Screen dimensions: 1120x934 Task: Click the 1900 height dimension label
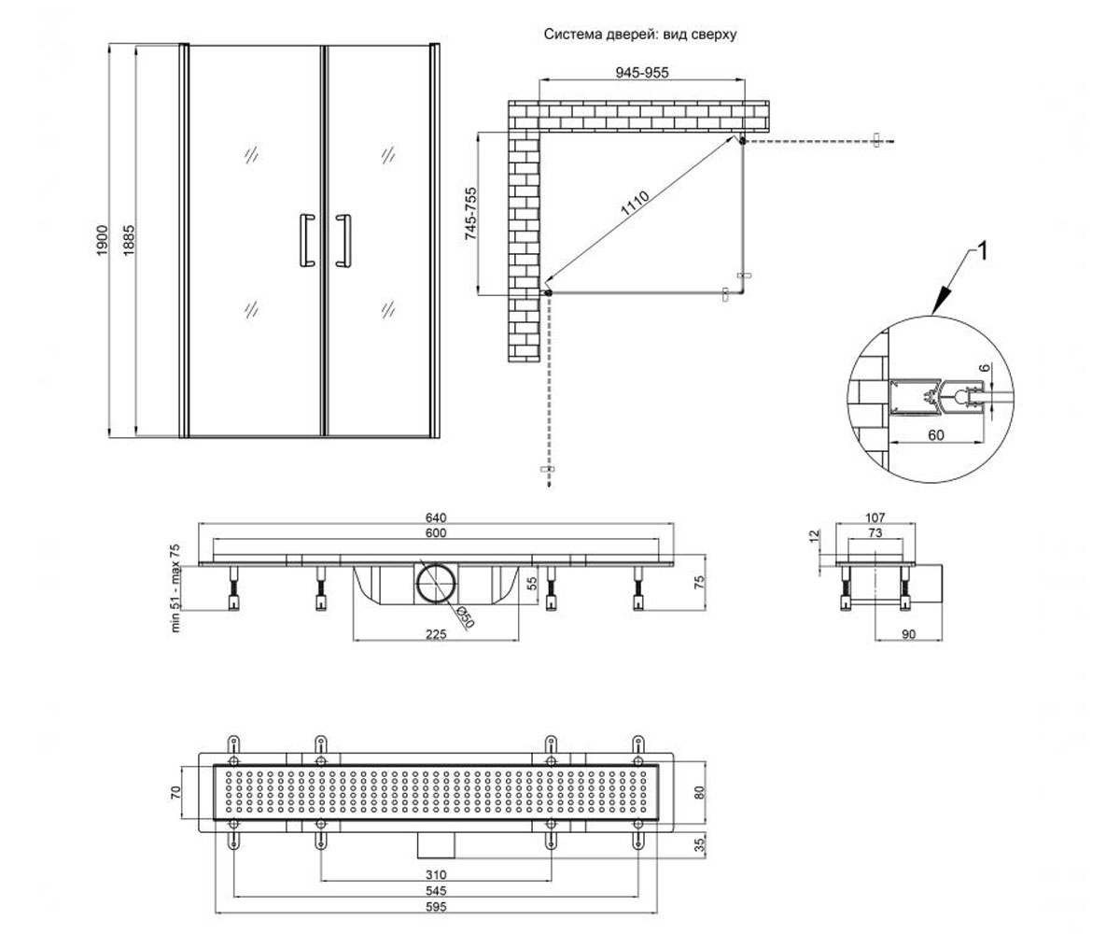102,240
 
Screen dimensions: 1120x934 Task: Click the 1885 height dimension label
129,240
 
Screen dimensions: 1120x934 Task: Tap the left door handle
307,240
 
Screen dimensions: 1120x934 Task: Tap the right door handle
343,240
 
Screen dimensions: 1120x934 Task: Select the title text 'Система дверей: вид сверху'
640,35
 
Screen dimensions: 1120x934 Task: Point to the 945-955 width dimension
642,73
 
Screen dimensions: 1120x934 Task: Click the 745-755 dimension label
470,213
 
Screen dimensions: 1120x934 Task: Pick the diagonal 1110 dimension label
635,204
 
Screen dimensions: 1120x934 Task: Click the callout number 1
982,252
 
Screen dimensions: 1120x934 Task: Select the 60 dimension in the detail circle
935,435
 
